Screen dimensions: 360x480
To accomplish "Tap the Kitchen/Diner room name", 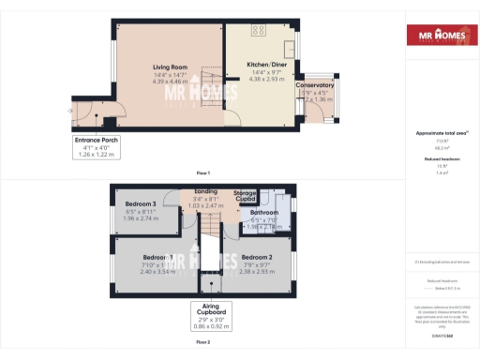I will [x=263, y=65].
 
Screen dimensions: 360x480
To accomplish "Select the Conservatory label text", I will [x=315, y=85].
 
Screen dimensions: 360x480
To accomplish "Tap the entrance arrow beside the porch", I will [x=68, y=109].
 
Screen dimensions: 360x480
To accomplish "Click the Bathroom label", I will [x=264, y=212].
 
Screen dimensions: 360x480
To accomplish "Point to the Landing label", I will [x=205, y=191].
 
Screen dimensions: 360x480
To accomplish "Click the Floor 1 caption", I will [x=202, y=172].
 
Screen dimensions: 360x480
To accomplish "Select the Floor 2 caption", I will [x=202, y=343].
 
